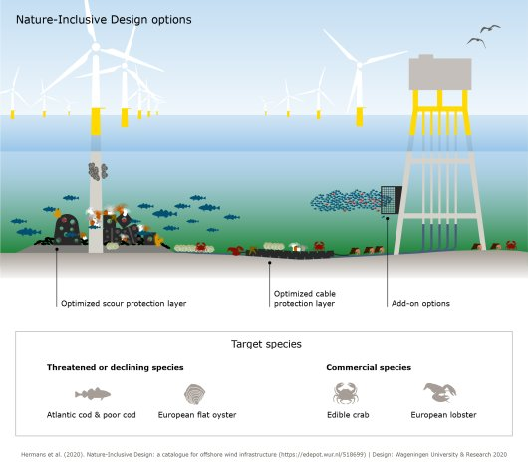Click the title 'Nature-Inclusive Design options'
click(x=104, y=20)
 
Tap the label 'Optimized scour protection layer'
click(x=124, y=303)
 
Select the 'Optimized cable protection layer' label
click(x=305, y=298)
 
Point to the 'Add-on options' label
click(x=420, y=303)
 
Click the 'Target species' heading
click(x=266, y=344)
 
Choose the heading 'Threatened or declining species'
click(x=116, y=367)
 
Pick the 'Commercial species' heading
click(x=369, y=367)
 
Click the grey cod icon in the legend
click(x=93, y=393)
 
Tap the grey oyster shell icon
click(x=195, y=394)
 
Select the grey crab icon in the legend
click(x=346, y=393)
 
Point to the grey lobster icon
click(x=440, y=392)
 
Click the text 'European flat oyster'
click(x=197, y=415)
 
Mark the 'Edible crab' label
click(x=348, y=415)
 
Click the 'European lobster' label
click(x=443, y=415)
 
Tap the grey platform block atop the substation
click(x=440, y=73)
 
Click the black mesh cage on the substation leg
click(x=391, y=200)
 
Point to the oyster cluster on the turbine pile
click(x=98, y=171)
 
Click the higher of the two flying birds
click(x=490, y=28)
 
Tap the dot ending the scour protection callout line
click(x=57, y=249)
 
